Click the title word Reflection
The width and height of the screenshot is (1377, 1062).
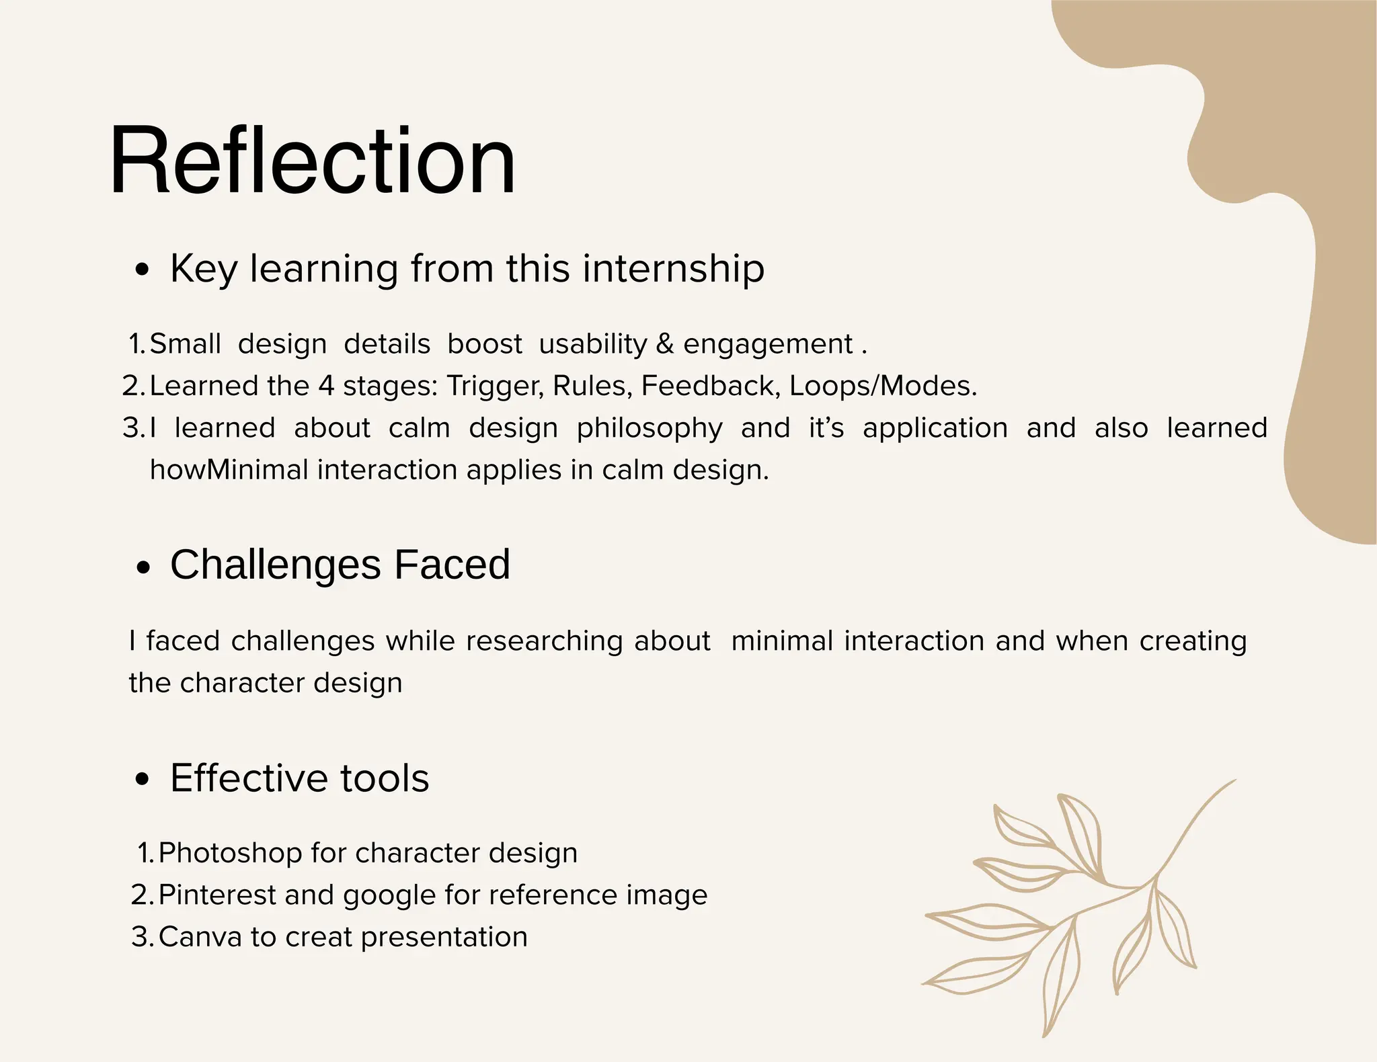tap(313, 161)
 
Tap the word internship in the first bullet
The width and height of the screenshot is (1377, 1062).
tap(673, 269)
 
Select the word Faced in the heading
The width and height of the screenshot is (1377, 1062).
tap(452, 565)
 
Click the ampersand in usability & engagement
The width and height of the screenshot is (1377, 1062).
tap(664, 344)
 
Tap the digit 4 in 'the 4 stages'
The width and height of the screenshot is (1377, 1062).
tap(326, 386)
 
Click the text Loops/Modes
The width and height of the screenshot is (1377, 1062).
tap(882, 386)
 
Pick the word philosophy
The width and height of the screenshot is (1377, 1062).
tap(650, 429)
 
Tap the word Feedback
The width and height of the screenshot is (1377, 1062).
tap(710, 386)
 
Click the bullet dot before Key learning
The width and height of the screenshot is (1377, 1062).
tap(142, 271)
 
